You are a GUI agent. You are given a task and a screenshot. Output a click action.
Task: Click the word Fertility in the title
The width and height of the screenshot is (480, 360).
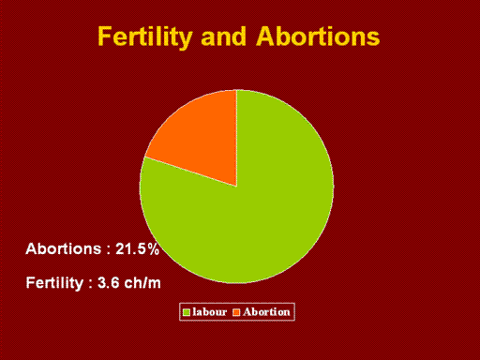[x=144, y=37]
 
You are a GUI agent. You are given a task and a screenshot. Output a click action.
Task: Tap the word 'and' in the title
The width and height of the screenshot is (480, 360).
[x=223, y=37]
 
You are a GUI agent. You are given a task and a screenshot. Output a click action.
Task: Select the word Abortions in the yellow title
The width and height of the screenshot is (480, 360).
[x=318, y=37]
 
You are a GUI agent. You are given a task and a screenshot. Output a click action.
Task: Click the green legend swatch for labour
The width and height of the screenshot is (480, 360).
[x=187, y=312]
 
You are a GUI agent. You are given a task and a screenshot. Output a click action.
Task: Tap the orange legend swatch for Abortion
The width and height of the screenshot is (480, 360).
[x=236, y=312]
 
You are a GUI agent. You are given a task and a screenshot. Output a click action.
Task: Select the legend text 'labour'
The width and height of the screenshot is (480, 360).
[x=209, y=312]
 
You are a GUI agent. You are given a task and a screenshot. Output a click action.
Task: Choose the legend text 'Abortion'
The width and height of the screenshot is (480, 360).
[x=266, y=312]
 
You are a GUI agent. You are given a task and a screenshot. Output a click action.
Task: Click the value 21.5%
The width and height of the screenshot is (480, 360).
[x=137, y=249]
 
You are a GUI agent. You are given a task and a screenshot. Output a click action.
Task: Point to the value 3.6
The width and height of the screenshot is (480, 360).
[x=109, y=283]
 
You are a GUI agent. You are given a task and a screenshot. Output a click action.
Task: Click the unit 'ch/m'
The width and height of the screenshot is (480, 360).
[x=142, y=282]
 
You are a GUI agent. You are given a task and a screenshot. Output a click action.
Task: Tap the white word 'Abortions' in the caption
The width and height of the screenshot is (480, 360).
[x=64, y=249]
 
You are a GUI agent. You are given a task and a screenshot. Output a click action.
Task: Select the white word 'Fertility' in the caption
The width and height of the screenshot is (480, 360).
[x=54, y=283]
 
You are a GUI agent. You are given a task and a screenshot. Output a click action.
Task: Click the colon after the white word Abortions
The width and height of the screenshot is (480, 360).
[x=109, y=250]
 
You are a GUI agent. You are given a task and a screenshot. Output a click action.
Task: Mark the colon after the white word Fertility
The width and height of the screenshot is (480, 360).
[x=91, y=284]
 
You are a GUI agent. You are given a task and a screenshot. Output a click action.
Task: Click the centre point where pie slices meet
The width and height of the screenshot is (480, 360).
[x=236, y=187]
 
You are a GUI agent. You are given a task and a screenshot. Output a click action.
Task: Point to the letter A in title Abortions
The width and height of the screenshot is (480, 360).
[x=266, y=37]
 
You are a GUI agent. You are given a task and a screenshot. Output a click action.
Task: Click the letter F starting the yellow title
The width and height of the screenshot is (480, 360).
[x=104, y=37]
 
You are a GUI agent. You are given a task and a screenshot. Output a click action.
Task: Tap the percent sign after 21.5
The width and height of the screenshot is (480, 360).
[x=154, y=249]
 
